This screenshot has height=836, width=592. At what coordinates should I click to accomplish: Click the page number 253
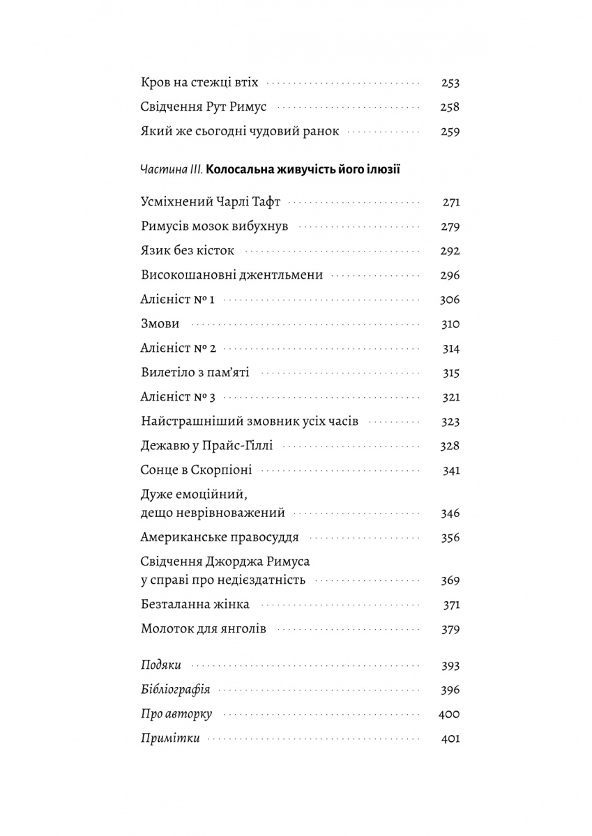point(450,83)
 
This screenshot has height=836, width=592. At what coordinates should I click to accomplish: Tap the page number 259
point(450,132)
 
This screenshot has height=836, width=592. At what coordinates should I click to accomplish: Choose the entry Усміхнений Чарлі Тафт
point(210,203)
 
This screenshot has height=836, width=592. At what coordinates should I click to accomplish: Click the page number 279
point(450,227)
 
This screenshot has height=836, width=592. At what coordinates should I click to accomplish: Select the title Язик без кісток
point(188,251)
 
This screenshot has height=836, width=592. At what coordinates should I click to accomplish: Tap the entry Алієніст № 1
point(178,300)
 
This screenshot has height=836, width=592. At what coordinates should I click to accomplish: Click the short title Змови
point(160,324)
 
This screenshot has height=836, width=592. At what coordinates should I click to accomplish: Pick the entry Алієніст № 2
point(179,348)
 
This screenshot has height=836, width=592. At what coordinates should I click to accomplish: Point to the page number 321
point(451,397)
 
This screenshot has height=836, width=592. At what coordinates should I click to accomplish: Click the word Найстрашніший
point(185,421)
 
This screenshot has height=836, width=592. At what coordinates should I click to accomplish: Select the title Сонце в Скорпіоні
point(196,470)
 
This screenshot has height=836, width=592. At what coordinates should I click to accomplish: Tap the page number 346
point(450,513)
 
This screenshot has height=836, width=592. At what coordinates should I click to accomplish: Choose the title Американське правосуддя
point(220,538)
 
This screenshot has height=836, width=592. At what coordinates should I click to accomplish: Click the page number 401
point(450,739)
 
